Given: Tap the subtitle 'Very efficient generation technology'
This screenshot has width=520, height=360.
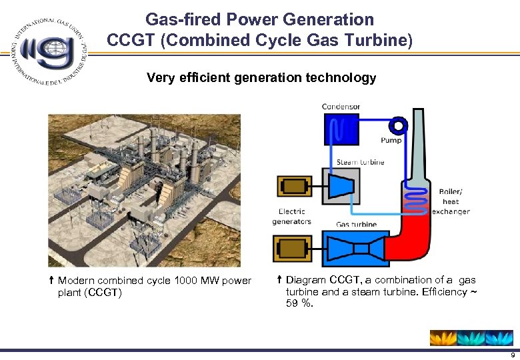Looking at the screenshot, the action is click(261, 78).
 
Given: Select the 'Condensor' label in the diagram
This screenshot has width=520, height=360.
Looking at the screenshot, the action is click(341, 107).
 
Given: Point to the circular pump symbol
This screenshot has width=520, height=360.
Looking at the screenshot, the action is click(398, 125).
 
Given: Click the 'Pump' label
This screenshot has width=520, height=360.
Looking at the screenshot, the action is click(391, 141).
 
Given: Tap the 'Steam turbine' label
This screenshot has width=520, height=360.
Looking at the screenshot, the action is click(360, 162).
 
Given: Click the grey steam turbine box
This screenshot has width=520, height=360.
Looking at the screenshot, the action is click(341, 186).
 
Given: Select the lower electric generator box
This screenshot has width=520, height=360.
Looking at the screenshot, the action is click(292, 249).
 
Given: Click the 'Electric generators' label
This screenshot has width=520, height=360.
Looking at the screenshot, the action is click(291, 217).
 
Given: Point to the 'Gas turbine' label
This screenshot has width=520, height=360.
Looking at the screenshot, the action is click(356, 225).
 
